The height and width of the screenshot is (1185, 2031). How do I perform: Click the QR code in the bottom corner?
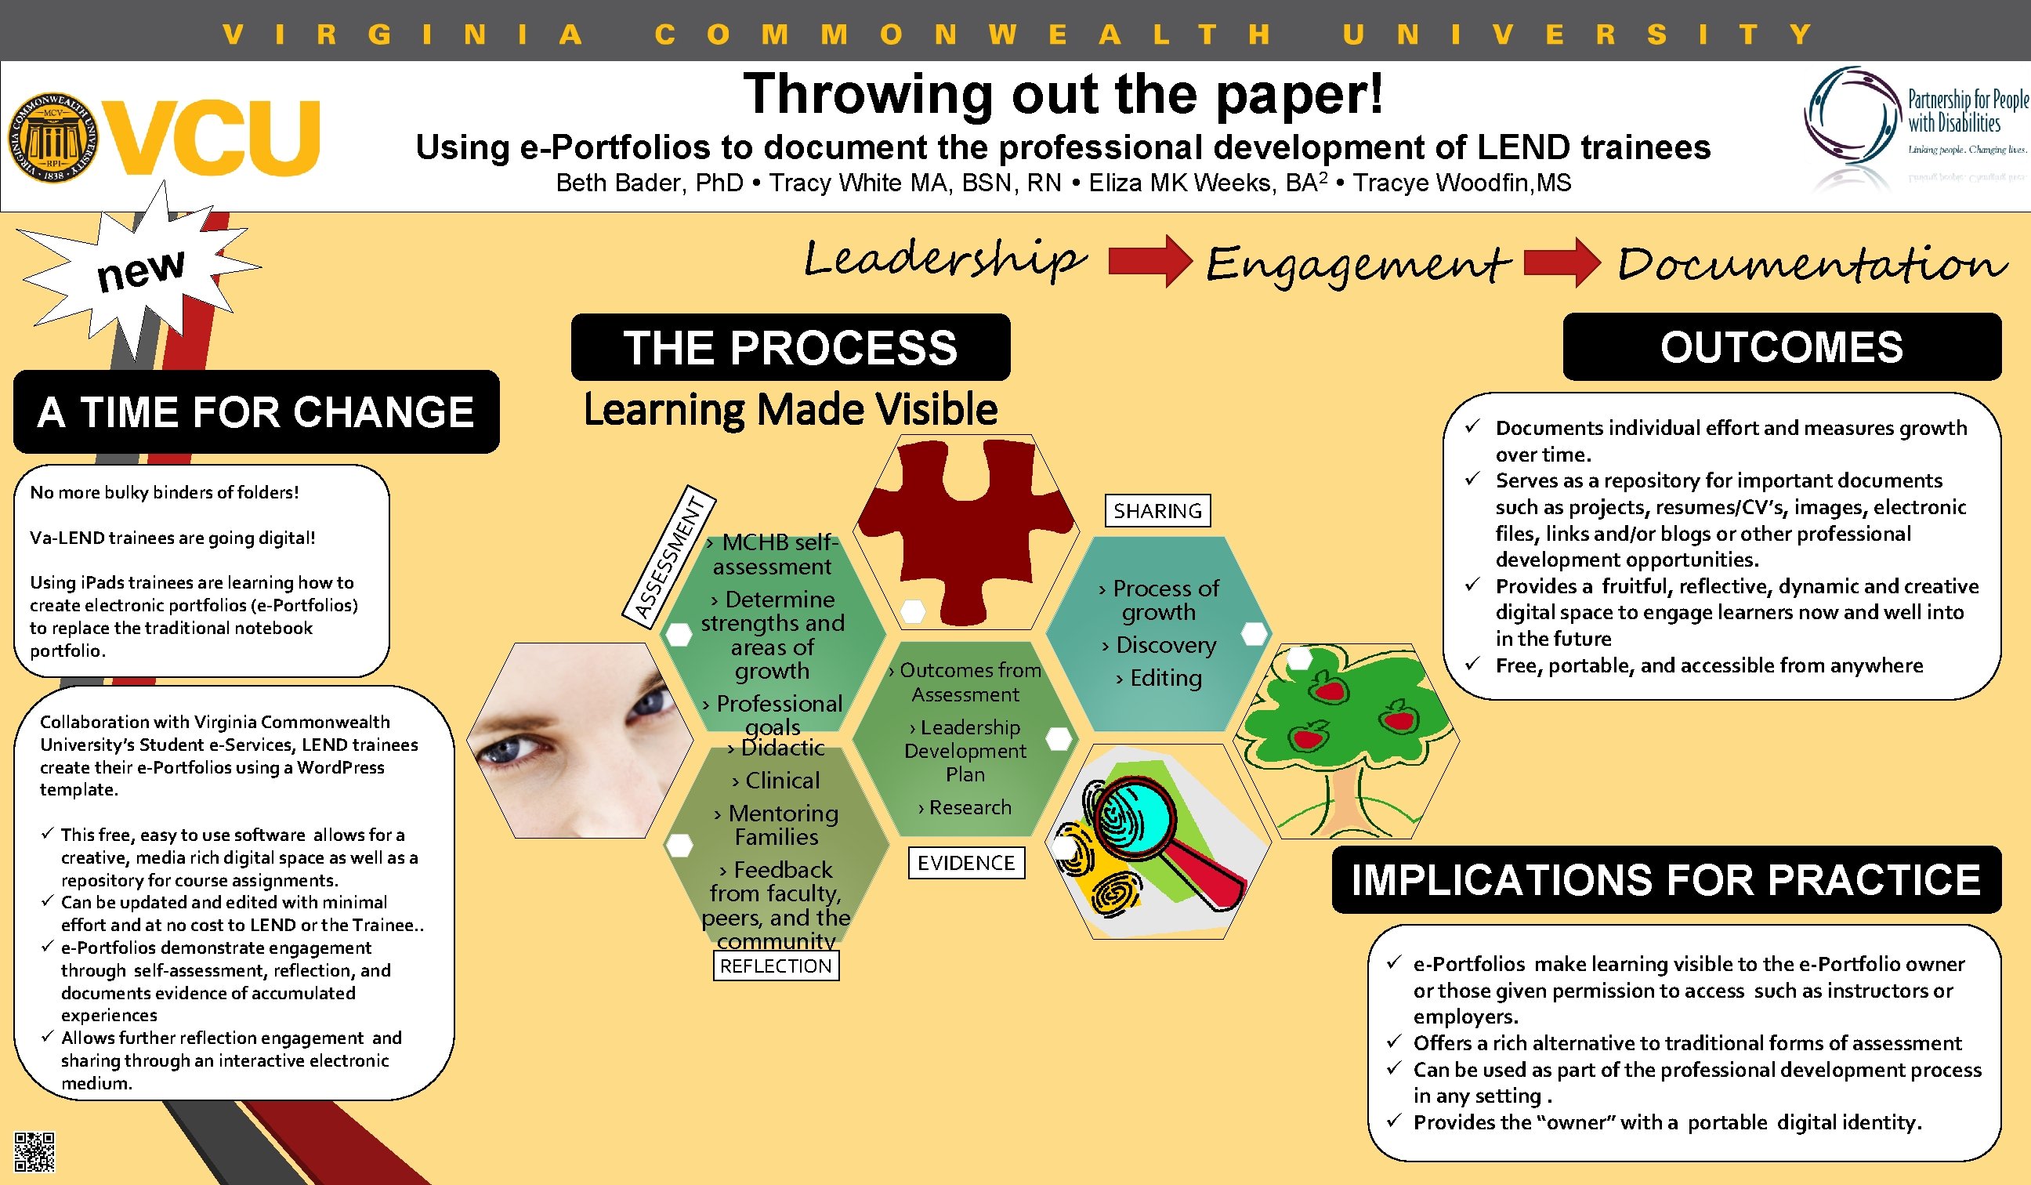[x=34, y=1151]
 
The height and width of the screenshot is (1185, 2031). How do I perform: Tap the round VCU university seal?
[x=53, y=137]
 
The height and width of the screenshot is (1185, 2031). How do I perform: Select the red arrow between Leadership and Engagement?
[x=1149, y=260]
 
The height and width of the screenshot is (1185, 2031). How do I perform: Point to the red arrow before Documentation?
[x=1562, y=261]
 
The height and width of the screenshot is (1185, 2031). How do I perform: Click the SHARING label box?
[x=1157, y=511]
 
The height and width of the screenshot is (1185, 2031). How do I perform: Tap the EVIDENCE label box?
[x=965, y=864]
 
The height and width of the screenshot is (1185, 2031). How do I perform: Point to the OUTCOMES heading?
[x=1781, y=347]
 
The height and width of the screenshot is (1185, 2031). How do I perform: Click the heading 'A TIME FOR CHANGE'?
[x=255, y=412]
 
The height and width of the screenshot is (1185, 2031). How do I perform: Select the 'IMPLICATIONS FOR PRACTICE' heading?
[x=1666, y=879]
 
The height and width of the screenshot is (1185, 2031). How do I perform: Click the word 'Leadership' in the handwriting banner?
[x=944, y=259]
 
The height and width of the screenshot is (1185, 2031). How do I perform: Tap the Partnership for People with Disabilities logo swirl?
[x=1851, y=117]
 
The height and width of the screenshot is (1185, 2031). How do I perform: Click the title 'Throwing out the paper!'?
[x=1063, y=94]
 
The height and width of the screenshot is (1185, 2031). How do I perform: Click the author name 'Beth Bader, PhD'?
[x=650, y=183]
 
